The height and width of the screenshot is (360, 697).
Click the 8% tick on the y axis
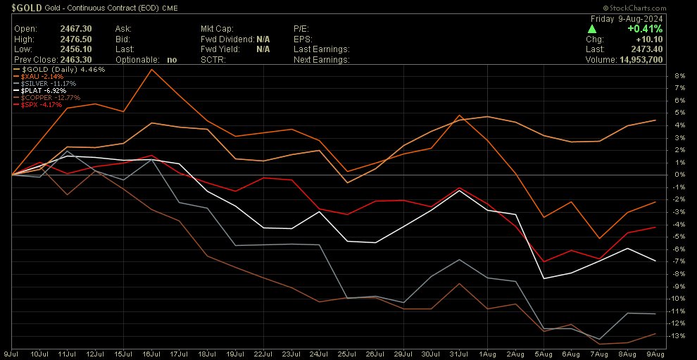tap(679, 75)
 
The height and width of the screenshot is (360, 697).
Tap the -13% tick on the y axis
tap(679, 335)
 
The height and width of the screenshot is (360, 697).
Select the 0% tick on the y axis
tap(679, 175)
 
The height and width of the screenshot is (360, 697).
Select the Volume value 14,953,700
tap(654, 60)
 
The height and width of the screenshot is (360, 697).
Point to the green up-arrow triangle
tap(592, 29)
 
